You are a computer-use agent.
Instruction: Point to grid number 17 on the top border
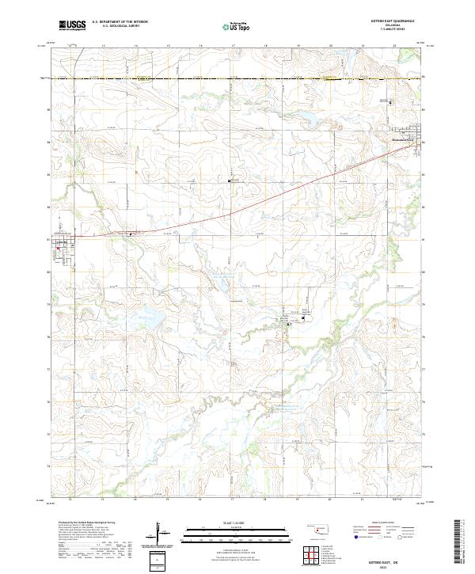tap(233, 46)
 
